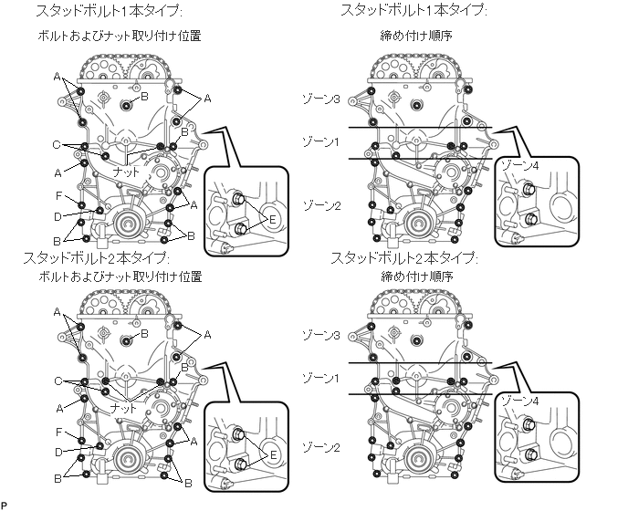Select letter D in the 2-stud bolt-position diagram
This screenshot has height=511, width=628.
(x=58, y=451)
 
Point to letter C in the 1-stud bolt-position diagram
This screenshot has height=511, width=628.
(x=57, y=144)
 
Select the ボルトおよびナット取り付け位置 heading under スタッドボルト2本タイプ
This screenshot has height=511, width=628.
(x=120, y=275)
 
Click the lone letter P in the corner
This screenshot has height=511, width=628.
(x=4, y=505)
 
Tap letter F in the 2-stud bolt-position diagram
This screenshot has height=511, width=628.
(x=58, y=432)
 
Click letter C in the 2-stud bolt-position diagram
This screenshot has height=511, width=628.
(x=57, y=381)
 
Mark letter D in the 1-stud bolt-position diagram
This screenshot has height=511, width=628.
(x=58, y=216)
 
